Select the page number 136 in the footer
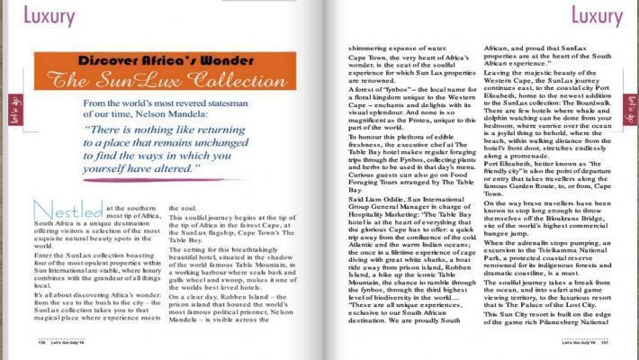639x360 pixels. click(40, 341)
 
